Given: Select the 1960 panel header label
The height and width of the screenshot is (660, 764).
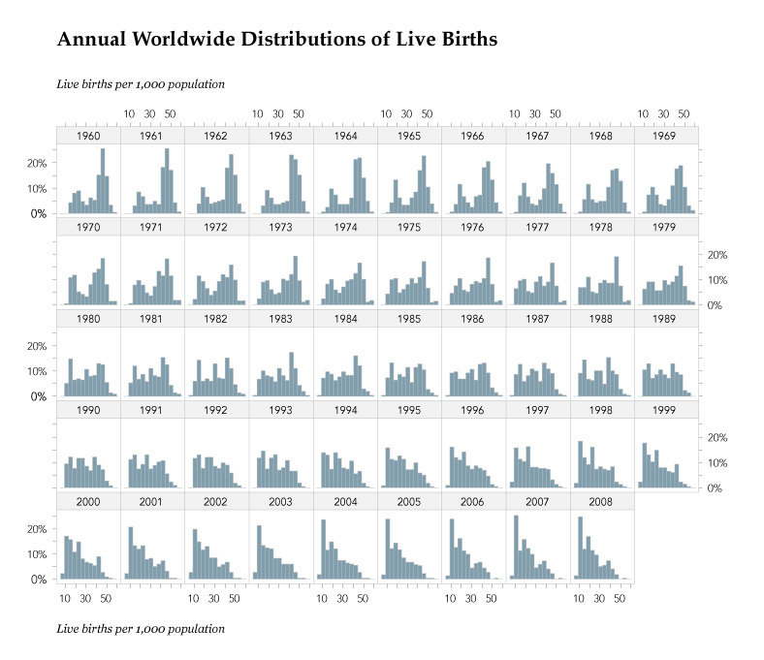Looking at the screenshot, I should click(x=88, y=136).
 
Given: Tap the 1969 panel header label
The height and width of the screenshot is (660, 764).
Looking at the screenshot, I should click(x=666, y=136).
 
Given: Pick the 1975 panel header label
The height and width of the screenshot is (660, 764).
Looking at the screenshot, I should click(x=409, y=228).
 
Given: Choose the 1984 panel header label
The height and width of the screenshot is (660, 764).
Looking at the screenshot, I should click(x=345, y=319).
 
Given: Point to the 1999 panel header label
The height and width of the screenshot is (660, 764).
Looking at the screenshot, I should click(x=666, y=411).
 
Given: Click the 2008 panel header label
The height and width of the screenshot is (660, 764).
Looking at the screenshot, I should click(x=602, y=502).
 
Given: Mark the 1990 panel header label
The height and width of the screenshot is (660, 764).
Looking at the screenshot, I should click(x=88, y=411).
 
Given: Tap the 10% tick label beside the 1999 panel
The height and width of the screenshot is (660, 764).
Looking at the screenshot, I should click(x=715, y=462).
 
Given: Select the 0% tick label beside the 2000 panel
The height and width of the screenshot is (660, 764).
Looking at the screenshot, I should click(x=40, y=580).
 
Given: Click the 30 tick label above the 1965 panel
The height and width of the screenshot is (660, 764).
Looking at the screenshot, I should click(x=406, y=114).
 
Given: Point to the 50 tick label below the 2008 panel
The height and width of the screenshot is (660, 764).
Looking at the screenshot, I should click(x=621, y=599).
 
